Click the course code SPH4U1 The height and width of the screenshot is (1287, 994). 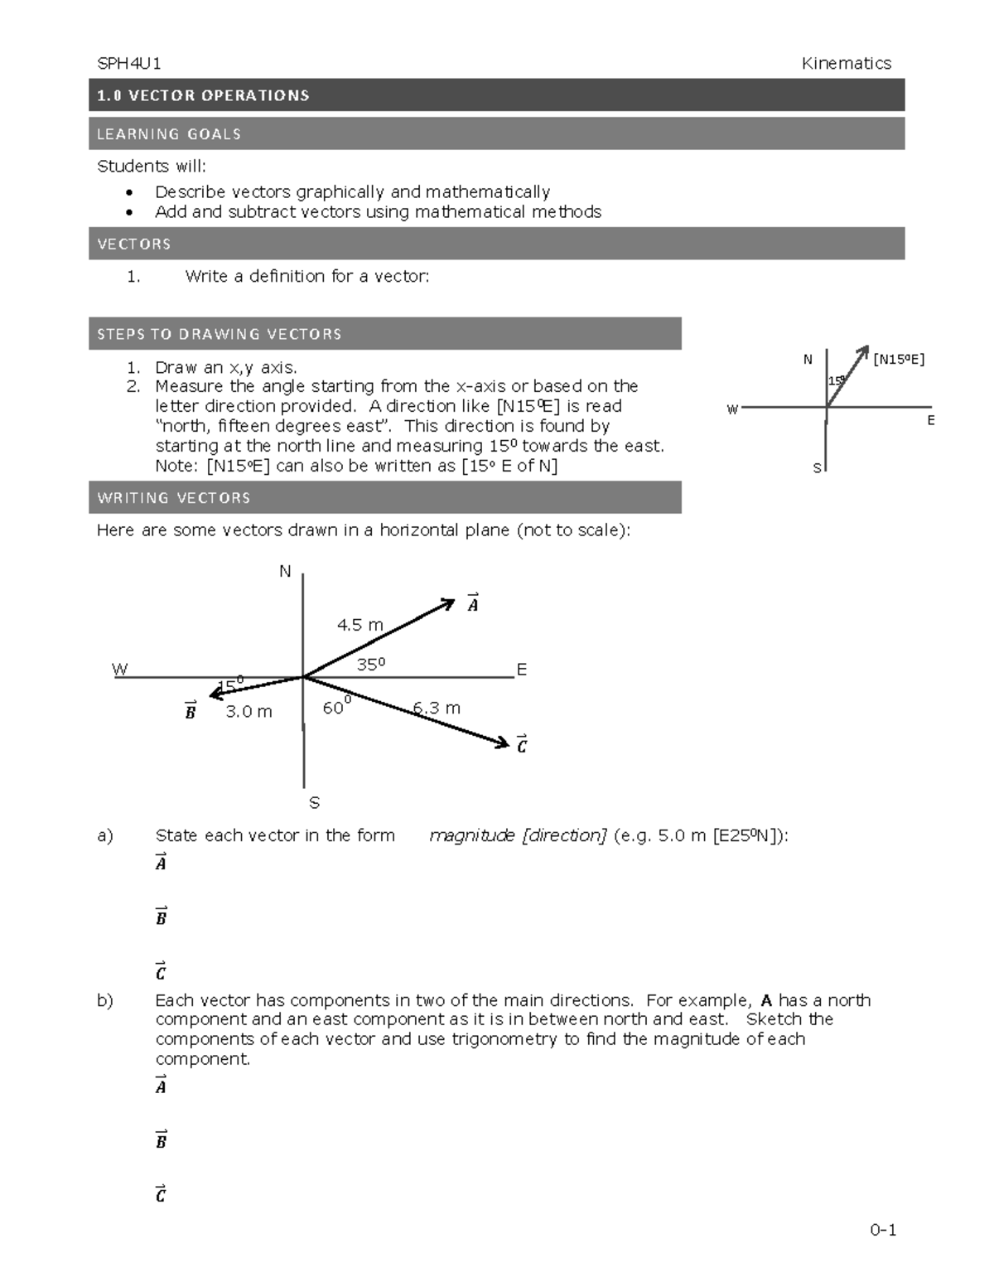(128, 64)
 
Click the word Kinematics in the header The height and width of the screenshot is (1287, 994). (846, 64)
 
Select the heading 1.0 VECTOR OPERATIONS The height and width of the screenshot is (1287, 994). (203, 95)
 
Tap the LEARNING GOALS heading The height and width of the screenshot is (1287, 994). (169, 134)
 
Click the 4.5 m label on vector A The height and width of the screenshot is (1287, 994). (359, 625)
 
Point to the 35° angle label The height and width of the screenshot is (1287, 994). (371, 664)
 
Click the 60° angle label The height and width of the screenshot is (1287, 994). (336, 707)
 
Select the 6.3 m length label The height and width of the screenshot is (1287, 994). (437, 708)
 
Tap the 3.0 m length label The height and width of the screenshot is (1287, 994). (248, 711)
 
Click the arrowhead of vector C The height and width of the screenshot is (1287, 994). (503, 743)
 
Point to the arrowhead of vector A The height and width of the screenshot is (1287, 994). (448, 603)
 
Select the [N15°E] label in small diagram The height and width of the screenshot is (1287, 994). (898, 360)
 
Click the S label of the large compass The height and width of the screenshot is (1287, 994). (314, 802)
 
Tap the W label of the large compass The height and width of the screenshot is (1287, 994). (120, 670)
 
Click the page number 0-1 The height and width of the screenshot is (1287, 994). (883, 1230)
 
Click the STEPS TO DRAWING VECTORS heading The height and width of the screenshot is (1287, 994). (219, 334)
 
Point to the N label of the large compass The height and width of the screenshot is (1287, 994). (285, 572)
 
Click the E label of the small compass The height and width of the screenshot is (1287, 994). (931, 421)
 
